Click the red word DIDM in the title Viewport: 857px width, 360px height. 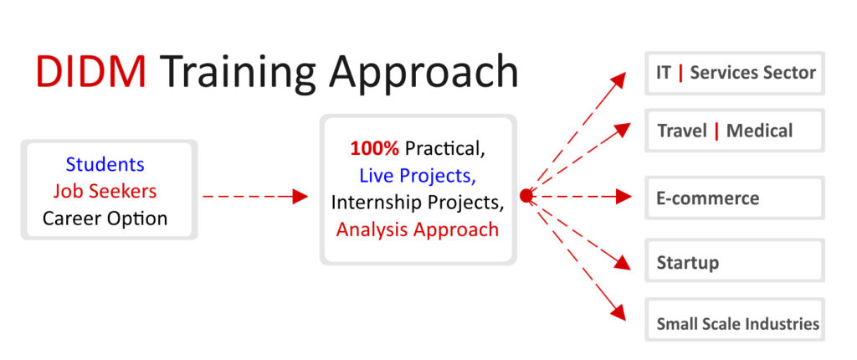coord(91,72)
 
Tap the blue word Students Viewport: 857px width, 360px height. coord(105,164)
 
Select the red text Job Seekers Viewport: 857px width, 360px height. coord(105,191)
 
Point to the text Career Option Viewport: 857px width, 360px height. coord(105,219)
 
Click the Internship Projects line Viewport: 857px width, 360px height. coord(417,202)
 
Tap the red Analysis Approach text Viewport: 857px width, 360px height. coord(417,229)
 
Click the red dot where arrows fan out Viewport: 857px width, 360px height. coord(526,196)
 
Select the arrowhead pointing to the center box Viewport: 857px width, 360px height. coord(300,196)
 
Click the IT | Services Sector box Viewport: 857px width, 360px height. coord(735,74)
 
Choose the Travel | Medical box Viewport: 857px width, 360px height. coord(735,131)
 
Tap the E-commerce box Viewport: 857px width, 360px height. coord(735,198)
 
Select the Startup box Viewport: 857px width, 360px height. coord(735,260)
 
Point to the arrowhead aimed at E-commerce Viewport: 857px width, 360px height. coord(624,196)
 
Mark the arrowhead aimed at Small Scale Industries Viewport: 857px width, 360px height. coord(618,312)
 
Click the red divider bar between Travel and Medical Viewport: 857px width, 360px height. coord(716,131)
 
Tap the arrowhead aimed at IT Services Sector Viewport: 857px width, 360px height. coord(618,80)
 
